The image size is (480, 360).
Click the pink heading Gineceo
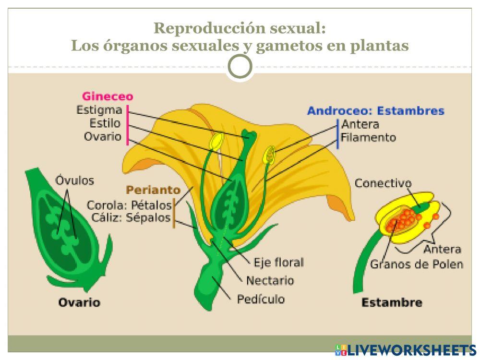(x=108, y=96)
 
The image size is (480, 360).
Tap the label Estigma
(x=99, y=110)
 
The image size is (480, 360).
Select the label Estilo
(x=105, y=123)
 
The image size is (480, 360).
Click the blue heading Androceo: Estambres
(x=375, y=111)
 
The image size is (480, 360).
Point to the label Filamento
(x=368, y=138)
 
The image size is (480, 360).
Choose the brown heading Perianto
(x=153, y=190)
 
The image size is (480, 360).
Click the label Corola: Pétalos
(x=129, y=205)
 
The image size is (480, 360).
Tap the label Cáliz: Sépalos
(x=131, y=218)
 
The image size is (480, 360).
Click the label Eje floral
(x=278, y=263)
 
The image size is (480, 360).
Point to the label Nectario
(x=270, y=280)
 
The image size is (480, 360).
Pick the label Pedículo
(x=261, y=299)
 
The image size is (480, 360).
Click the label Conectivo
(x=383, y=183)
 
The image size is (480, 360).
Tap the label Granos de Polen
(x=416, y=264)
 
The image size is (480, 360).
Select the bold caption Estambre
(x=391, y=302)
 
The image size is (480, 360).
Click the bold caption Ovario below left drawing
(x=79, y=302)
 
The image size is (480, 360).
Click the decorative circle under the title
(x=240, y=67)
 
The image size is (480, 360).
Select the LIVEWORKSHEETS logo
(x=405, y=349)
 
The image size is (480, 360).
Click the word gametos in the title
(x=292, y=46)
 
